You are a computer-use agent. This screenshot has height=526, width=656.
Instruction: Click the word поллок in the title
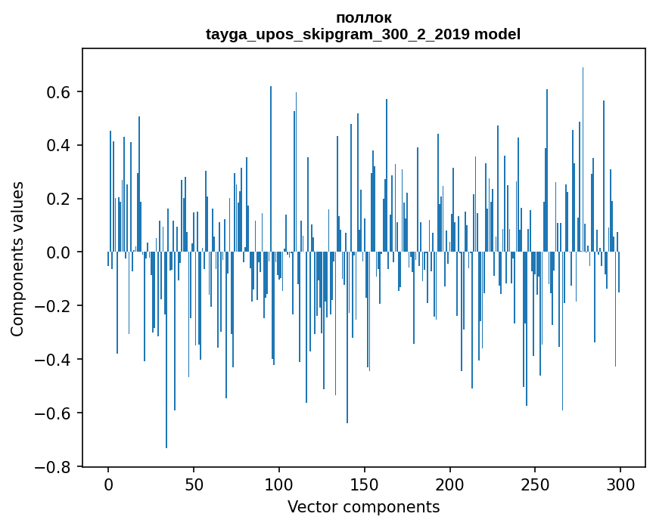[x=363, y=18]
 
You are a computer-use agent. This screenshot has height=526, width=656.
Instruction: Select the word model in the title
[x=497, y=35]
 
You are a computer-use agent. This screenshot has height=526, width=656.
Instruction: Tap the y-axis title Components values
[x=17, y=258]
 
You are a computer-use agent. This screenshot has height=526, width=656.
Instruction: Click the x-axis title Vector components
[x=363, y=506]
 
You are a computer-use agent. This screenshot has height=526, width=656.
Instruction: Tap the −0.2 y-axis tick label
[x=55, y=306]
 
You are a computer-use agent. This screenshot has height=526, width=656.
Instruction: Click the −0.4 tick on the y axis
[x=55, y=360]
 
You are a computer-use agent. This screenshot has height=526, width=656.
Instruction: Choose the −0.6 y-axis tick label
[x=55, y=413]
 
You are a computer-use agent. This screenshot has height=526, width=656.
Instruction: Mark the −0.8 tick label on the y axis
[x=55, y=467]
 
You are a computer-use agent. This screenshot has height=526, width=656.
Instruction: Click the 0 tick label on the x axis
[x=108, y=484]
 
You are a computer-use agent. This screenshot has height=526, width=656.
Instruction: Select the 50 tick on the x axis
[x=194, y=484]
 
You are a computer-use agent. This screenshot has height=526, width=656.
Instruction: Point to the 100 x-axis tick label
[x=279, y=484]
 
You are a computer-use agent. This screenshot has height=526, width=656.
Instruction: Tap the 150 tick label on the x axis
[x=365, y=484]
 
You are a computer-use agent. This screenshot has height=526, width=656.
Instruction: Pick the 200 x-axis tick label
[x=450, y=484]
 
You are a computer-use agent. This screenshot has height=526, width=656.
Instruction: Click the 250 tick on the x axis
[x=535, y=484]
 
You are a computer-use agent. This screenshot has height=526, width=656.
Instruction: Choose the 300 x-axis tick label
[x=620, y=484]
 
